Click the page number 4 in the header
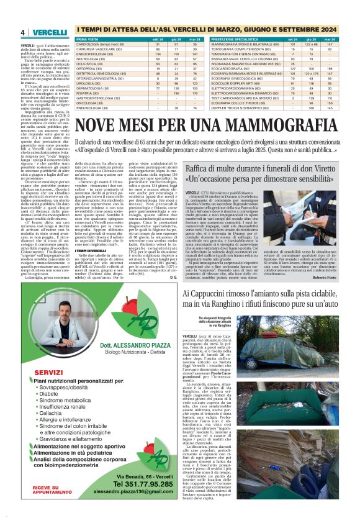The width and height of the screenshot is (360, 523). pos(22,32)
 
